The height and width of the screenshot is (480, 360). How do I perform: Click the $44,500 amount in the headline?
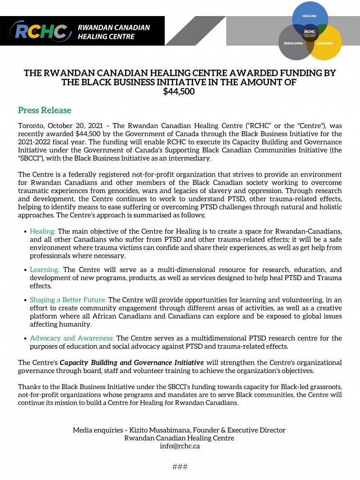(180, 91)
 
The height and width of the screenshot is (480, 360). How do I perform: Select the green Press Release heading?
(44, 110)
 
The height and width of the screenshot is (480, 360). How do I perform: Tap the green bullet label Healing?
(43, 231)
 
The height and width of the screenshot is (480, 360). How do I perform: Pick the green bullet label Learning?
(45, 269)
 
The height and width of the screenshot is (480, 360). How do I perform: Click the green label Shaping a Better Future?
(68, 300)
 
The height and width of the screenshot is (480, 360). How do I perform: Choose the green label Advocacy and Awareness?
(72, 338)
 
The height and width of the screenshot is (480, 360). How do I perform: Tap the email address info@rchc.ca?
(180, 446)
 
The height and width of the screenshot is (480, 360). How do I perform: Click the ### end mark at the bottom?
(180, 467)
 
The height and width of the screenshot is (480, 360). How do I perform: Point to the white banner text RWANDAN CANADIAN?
(114, 27)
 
